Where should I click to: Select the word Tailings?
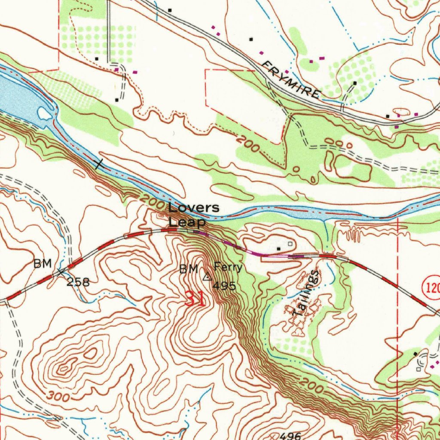tap(306, 294)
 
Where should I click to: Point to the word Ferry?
tap(228, 268)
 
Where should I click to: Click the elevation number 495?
tap(224, 286)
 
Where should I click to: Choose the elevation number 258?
tap(78, 282)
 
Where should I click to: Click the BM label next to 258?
tap(43, 263)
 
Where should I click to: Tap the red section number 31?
tap(195, 298)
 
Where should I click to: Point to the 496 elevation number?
tap(290, 435)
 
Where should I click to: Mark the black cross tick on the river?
tap(99, 164)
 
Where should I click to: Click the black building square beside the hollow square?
tap(278, 249)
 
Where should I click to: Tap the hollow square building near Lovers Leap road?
tap(290, 244)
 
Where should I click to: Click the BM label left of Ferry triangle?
tap(189, 269)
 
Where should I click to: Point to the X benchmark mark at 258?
tap(61, 271)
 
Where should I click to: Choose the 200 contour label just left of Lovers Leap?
tap(152, 201)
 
